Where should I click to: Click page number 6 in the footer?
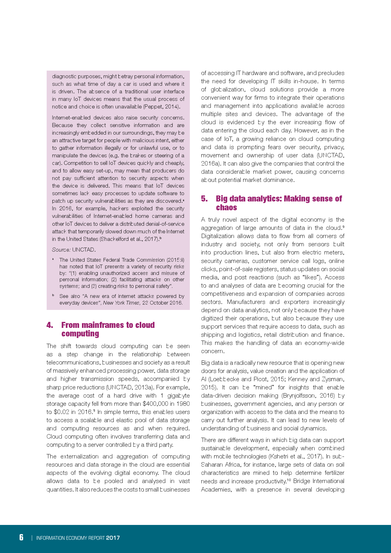click(21, 537)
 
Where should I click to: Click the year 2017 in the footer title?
click(113, 538)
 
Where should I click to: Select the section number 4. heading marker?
click(50, 325)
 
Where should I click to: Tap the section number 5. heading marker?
click(204, 199)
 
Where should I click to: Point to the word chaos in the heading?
click(226, 207)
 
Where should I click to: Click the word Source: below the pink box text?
click(61, 250)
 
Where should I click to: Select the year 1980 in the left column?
click(183, 404)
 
